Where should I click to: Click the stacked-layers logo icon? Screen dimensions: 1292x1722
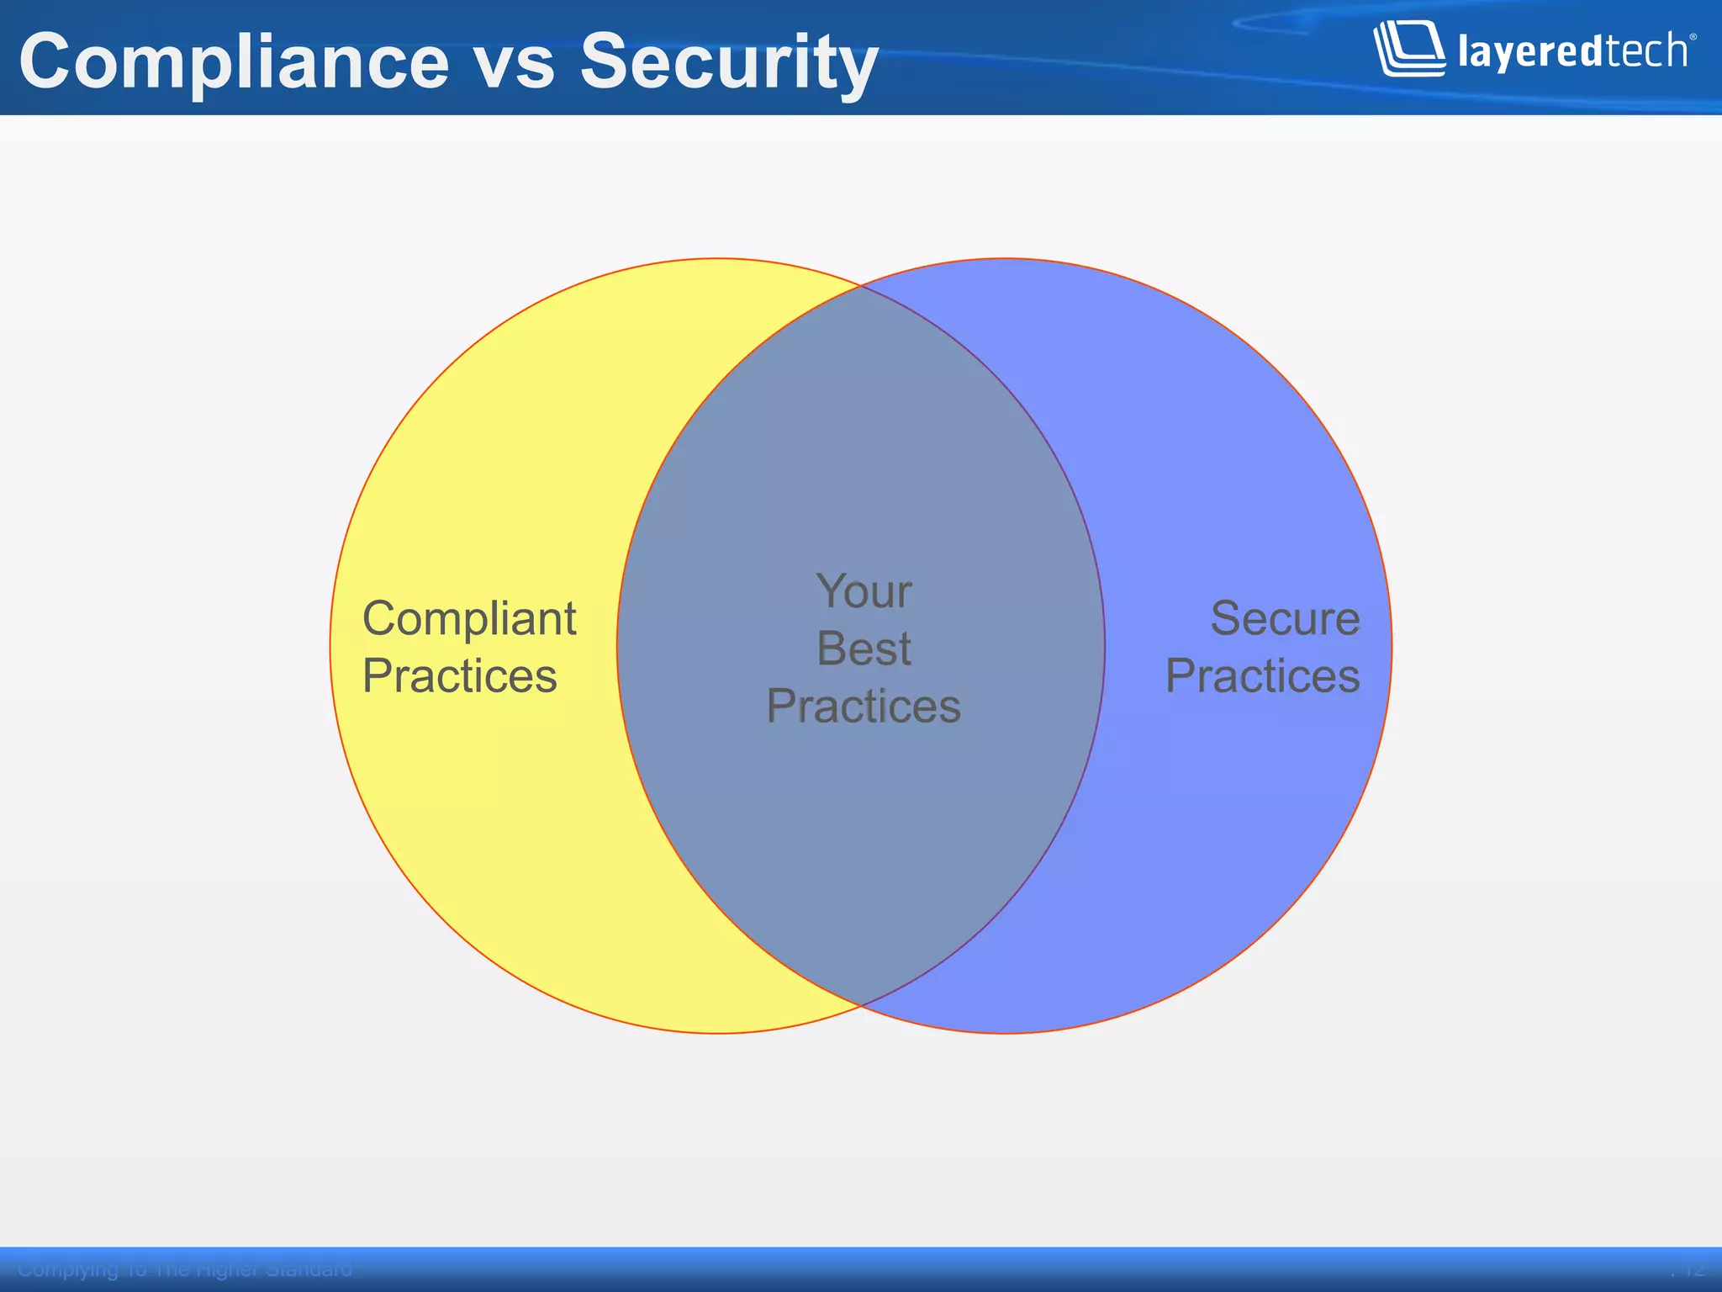tap(1409, 49)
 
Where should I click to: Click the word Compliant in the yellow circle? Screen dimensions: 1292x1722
tap(469, 620)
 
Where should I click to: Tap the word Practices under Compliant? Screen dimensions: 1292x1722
tap(460, 675)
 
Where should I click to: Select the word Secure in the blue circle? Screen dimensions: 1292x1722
tap(1284, 618)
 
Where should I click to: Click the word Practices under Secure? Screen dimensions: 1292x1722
tap(1262, 675)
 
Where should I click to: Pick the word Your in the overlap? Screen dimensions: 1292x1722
tap(864, 591)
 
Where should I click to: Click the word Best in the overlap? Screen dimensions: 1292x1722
tap(864, 649)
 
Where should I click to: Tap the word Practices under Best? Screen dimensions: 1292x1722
tap(864, 706)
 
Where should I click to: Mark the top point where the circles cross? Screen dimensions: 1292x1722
tap(861, 286)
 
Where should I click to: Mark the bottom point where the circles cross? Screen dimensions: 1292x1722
tap(861, 1005)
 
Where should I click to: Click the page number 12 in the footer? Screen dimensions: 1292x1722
tap(1692, 1269)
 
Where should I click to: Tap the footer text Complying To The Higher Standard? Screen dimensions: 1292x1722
tap(185, 1269)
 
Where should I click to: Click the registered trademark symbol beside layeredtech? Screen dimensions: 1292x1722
tap(1693, 37)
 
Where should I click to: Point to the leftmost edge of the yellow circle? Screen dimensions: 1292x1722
tap(330, 646)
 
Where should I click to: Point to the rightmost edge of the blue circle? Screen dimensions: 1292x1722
tap(1392, 646)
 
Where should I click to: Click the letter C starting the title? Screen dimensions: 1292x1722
tap(45, 61)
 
